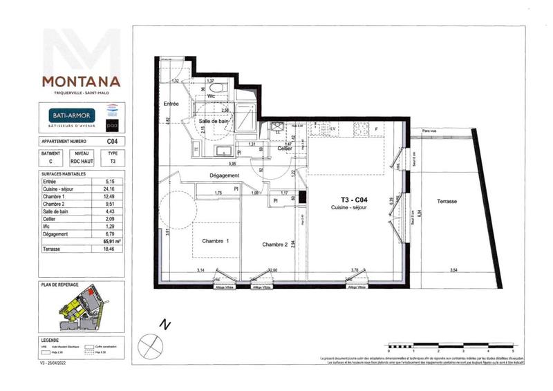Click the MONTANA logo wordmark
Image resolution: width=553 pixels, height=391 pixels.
tap(80, 82)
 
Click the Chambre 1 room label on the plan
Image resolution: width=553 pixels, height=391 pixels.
tap(215, 241)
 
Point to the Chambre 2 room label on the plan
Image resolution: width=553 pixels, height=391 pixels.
tap(274, 245)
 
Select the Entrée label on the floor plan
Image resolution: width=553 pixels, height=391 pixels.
tap(171, 104)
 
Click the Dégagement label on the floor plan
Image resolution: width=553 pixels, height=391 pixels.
tap(215, 176)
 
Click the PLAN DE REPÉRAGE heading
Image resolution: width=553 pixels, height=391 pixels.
tap(61, 285)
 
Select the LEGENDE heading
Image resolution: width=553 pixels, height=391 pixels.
tap(50, 341)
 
